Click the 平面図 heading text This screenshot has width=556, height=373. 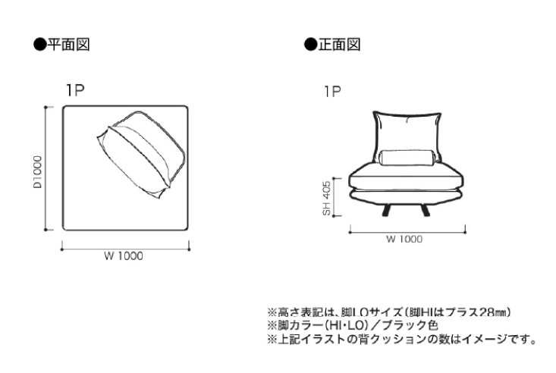pyautogui.click(x=69, y=45)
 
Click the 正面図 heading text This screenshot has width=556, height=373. pyautogui.click(x=339, y=45)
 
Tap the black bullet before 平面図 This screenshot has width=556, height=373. pyautogui.click(x=40, y=45)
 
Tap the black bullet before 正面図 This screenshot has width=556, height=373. pyautogui.click(x=311, y=45)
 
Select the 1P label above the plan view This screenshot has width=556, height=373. pyautogui.click(x=75, y=90)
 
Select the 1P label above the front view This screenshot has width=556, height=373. pyautogui.click(x=332, y=92)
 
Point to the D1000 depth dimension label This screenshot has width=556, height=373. pyautogui.click(x=37, y=172)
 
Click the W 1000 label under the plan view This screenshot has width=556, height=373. pyautogui.click(x=124, y=256)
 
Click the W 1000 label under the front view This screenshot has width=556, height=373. pyautogui.click(x=404, y=239)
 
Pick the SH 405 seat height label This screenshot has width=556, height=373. pyautogui.click(x=327, y=198)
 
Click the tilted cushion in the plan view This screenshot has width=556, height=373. pyautogui.click(x=142, y=154)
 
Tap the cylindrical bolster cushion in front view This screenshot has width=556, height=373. pyautogui.click(x=407, y=158)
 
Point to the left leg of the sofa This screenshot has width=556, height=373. pyautogui.click(x=386, y=210)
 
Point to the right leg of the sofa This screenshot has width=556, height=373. pyautogui.click(x=426, y=210)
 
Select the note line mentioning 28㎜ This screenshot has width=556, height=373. pyautogui.click(x=389, y=312)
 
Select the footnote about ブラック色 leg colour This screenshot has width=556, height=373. pyautogui.click(x=353, y=325)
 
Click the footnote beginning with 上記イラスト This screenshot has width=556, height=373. pyautogui.click(x=402, y=340)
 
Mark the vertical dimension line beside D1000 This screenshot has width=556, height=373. pyautogui.click(x=46, y=168)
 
